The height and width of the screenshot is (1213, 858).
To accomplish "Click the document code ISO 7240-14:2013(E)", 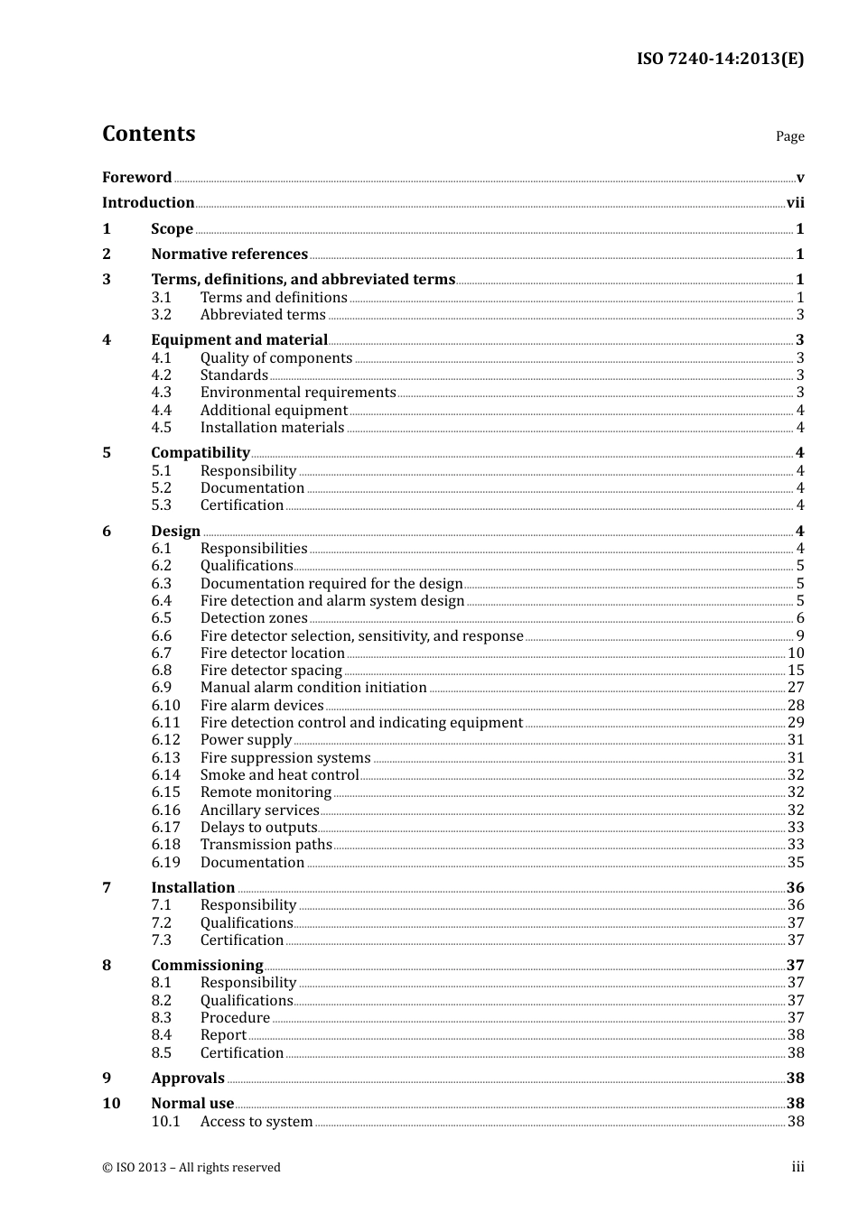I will pos(720,59).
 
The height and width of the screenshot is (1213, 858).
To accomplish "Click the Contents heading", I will pos(148,134).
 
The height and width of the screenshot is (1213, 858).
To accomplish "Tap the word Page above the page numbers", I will pos(789,136).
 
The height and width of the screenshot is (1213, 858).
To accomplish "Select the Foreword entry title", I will pos(136,177).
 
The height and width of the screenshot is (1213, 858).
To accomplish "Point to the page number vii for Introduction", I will pos(795,203).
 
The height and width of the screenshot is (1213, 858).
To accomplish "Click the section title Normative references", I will pos(229,255).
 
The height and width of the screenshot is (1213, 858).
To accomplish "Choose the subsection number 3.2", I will pos(162,315).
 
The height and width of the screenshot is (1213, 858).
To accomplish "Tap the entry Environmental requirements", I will pos(298,393).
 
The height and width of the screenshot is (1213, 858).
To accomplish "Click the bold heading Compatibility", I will pos(201,453).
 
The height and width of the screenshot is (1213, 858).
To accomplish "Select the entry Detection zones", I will pos(254,618).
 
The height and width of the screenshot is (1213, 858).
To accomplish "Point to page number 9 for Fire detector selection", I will pos(799,636).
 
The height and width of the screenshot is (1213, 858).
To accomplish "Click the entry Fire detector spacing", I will pos(271,671).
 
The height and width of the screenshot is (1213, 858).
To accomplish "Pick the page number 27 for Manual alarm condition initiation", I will pos(796,688).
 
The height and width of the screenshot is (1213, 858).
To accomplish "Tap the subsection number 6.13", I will pos(165,758).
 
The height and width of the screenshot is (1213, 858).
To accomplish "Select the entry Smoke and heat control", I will pos(279,775).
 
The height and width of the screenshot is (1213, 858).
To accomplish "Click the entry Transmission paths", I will pos(266,845).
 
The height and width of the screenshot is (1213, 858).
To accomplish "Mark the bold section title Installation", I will pos(192,888).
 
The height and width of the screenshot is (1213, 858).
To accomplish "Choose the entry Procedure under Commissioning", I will pos(235,1018).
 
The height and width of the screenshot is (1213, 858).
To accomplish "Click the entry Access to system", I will pos(256,1122).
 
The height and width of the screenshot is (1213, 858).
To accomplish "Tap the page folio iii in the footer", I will pos(797,1167).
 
